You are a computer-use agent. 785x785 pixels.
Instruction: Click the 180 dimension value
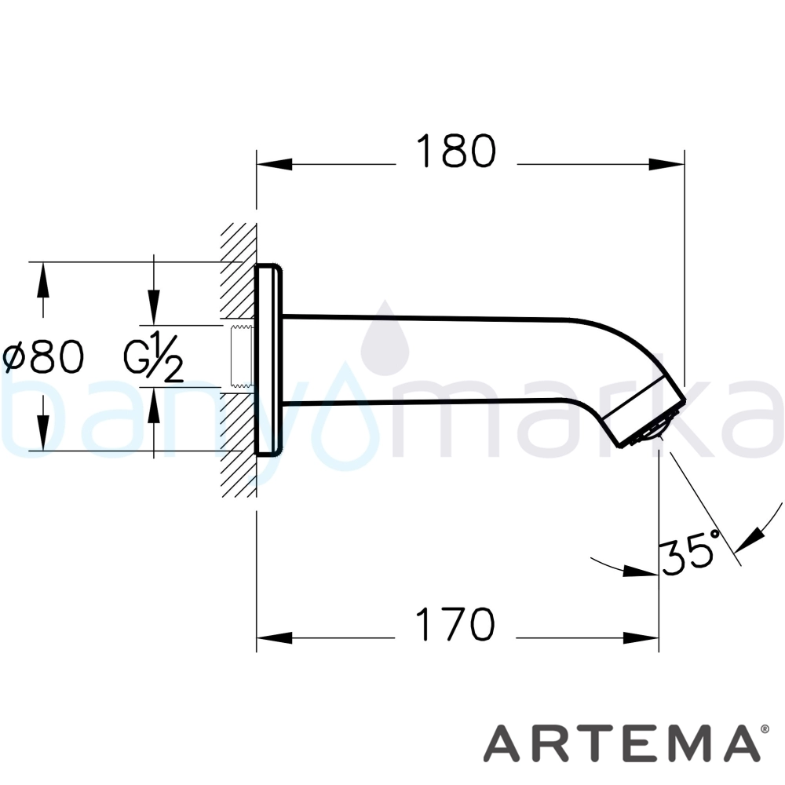pos(456,151)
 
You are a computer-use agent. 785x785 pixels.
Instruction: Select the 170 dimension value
pos(455,624)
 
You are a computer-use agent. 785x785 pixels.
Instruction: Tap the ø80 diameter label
pos(43,356)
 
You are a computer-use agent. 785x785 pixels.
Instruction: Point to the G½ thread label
pos(153,356)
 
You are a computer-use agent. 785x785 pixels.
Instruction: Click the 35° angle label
pos(691,551)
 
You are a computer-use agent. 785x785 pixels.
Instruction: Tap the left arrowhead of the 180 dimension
pos(274,164)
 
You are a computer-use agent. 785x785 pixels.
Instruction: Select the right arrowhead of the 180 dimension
pos(666,164)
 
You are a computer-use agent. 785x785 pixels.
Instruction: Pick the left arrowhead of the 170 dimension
pos(274,637)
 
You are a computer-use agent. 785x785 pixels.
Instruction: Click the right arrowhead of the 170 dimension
pos(641,637)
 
